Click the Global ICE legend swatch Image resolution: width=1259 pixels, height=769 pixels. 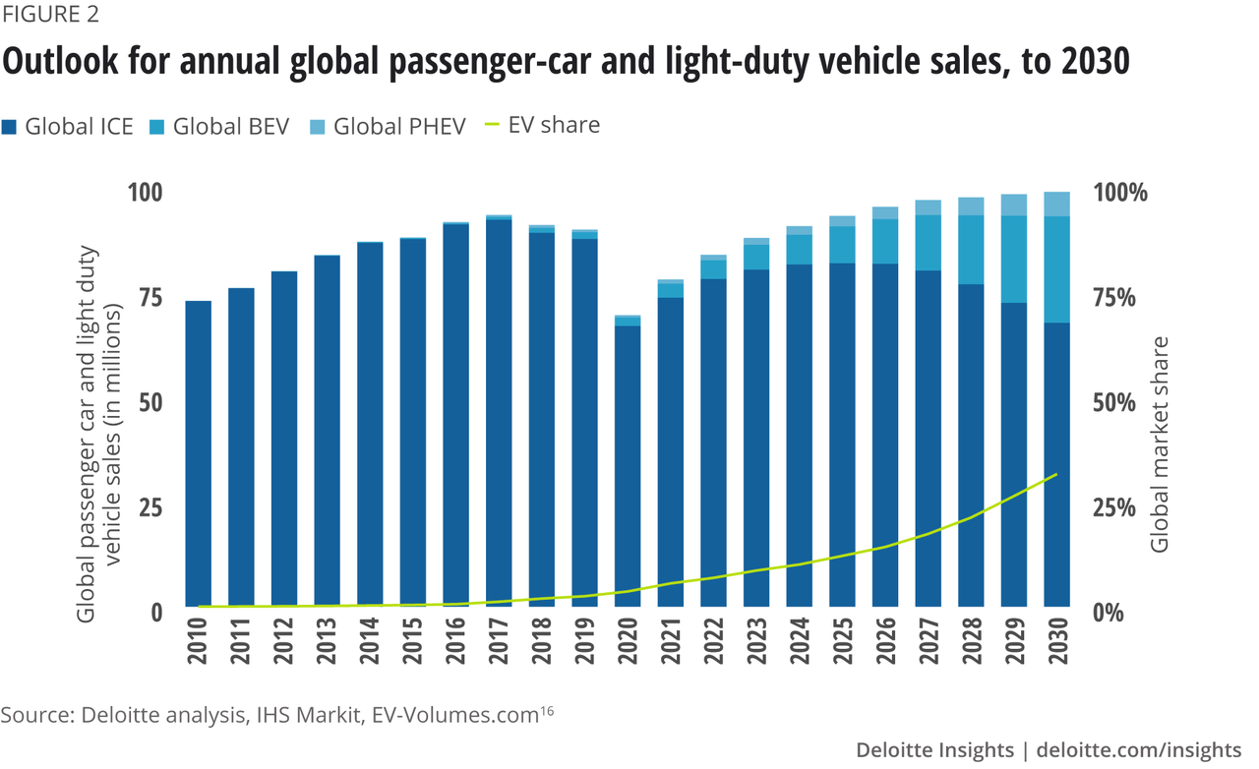(x=11, y=127)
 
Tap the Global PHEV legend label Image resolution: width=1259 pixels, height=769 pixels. (x=399, y=127)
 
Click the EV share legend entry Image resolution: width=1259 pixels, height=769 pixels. (x=554, y=125)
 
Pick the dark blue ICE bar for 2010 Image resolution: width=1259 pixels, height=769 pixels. (x=199, y=452)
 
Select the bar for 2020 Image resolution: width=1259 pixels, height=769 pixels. (x=628, y=462)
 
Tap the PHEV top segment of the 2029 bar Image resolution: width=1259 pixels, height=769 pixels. (x=1014, y=205)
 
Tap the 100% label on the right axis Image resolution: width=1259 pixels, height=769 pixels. (x=1121, y=193)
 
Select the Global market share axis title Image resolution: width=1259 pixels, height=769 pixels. (x=1161, y=444)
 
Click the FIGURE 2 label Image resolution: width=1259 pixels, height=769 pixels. (x=49, y=16)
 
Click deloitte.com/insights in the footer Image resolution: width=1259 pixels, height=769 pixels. (x=1138, y=749)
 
